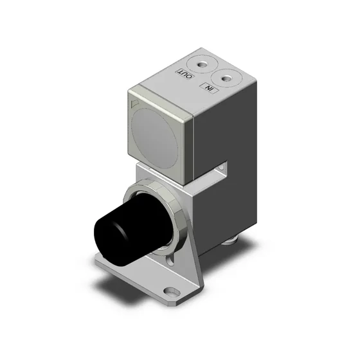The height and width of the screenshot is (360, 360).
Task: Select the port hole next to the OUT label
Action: (200, 64)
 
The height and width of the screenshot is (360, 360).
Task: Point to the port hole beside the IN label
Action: (226, 78)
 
